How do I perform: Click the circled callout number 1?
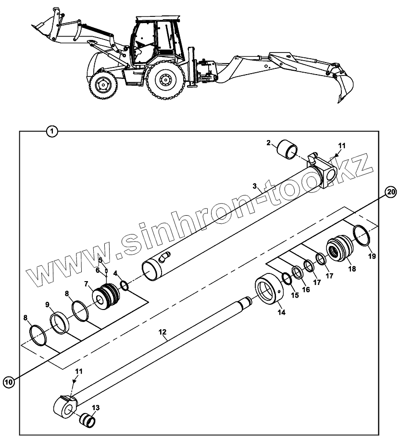(52, 130)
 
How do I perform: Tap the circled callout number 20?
(391, 192)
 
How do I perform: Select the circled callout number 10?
(9, 382)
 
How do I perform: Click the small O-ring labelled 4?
(125, 286)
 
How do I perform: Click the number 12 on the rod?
(162, 332)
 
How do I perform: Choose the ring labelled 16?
(297, 273)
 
